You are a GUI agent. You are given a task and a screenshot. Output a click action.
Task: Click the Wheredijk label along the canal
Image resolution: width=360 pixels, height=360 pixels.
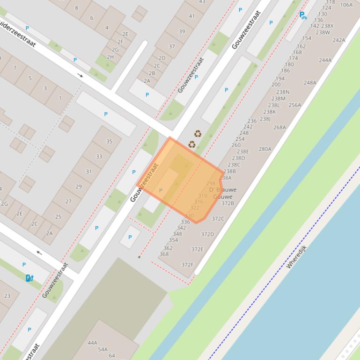[x=296, y=256]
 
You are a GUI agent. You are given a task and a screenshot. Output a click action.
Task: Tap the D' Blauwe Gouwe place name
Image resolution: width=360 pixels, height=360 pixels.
[x=223, y=193]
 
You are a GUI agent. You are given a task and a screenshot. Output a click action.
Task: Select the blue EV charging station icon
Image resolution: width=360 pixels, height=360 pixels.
[x=29, y=278]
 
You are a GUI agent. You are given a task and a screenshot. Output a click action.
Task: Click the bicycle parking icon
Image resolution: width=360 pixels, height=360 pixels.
[x=303, y=16]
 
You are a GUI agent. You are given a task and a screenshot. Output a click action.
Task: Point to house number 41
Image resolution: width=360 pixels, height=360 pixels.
[x=192, y=16]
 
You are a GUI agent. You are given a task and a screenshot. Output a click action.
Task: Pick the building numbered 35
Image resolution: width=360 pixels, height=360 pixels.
[x=109, y=141]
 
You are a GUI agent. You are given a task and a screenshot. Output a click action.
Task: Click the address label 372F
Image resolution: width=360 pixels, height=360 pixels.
[x=187, y=265]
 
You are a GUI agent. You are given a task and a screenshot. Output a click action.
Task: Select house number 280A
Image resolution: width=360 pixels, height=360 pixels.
[x=265, y=149]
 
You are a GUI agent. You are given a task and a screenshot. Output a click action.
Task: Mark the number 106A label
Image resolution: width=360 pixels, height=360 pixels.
[x=346, y=5]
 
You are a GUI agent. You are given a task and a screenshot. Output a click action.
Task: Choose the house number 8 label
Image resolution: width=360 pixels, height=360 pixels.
[x=77, y=8]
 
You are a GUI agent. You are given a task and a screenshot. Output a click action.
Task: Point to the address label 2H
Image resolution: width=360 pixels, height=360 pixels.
[x=110, y=57]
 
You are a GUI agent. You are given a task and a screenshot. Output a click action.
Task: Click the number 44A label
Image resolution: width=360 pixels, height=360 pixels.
[x=92, y=343]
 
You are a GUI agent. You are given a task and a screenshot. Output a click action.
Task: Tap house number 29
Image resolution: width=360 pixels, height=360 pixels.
[x=78, y=187]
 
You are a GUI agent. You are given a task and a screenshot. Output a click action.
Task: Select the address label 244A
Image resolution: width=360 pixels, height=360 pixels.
[x=325, y=60]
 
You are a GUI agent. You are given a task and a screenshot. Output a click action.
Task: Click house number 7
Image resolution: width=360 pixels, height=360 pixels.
[x=15, y=68]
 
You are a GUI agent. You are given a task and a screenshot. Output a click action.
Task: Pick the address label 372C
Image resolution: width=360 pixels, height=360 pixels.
[x=218, y=218]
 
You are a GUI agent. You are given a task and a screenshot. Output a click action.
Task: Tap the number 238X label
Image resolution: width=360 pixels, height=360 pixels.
[x=328, y=26]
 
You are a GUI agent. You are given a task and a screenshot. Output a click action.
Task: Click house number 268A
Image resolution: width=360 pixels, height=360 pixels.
[x=279, y=127]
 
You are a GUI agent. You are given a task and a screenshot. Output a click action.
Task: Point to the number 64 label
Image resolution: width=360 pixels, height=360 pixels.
[x=112, y=356]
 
